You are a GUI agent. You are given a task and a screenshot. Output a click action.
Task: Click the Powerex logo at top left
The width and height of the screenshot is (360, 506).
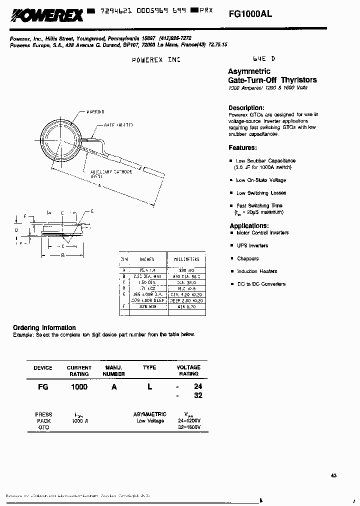click(x=46, y=17)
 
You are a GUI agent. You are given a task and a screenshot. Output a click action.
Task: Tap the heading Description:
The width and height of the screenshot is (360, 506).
click(x=246, y=107)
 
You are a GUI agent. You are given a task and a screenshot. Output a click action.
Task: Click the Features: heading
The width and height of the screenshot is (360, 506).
click(x=242, y=148)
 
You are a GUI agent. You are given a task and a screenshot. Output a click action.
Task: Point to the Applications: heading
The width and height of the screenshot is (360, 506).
click(x=248, y=225)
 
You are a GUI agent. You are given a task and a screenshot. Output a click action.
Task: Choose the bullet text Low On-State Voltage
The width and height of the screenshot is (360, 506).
click(x=261, y=180)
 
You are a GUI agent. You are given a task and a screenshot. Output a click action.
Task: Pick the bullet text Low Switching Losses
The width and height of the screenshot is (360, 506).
click(x=261, y=193)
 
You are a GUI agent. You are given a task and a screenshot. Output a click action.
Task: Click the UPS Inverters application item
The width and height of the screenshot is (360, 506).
click(x=252, y=245)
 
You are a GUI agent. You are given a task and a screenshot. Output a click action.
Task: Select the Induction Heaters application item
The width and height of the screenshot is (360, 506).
click(x=257, y=271)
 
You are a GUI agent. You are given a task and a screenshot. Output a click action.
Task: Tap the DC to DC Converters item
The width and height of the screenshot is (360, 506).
click(x=261, y=284)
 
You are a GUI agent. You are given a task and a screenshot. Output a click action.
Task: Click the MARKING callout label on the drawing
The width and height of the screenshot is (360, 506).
click(x=95, y=112)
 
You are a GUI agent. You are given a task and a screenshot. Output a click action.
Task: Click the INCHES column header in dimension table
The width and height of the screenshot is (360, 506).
click(x=147, y=259)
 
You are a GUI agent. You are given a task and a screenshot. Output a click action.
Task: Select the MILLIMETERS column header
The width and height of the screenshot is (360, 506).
click(x=186, y=259)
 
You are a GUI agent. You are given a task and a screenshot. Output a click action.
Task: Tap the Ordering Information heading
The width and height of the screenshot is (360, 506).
click(x=44, y=327)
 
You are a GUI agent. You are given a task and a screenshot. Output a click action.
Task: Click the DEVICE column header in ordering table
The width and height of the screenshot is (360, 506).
click(x=43, y=368)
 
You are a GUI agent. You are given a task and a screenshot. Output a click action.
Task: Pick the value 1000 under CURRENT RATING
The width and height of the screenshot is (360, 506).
click(x=79, y=387)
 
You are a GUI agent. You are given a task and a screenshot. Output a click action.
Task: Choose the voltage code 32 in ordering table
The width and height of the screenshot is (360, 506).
click(x=197, y=395)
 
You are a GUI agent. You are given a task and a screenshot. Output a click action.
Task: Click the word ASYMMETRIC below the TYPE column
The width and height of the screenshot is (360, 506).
click(x=149, y=414)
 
